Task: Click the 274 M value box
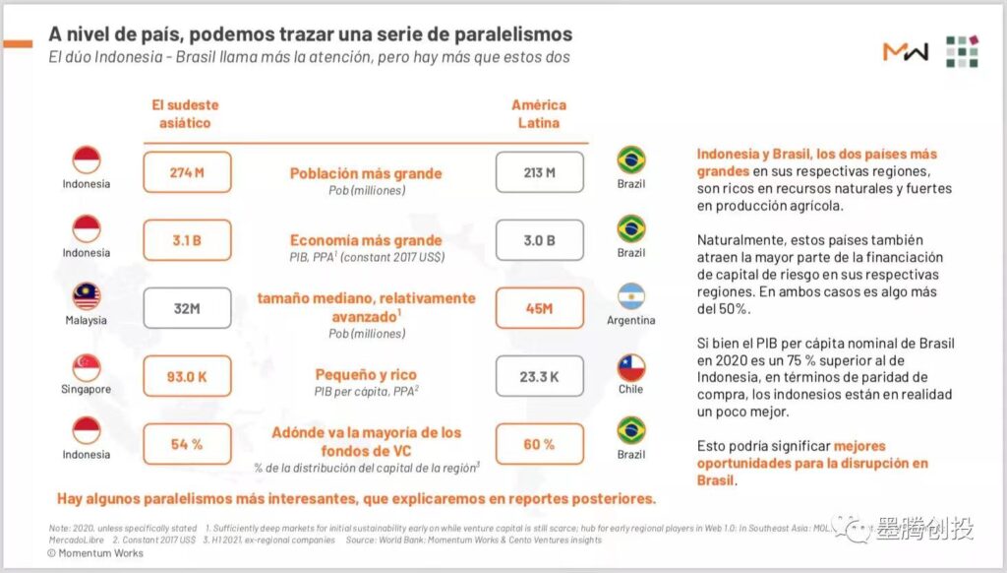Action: (x=187, y=172)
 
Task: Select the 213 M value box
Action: (x=539, y=172)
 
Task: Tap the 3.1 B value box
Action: (x=187, y=240)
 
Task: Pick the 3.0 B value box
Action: (x=539, y=240)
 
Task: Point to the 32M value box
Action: (x=187, y=308)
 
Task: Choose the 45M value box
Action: (x=539, y=308)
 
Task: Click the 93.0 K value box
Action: (x=187, y=376)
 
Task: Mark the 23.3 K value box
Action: (x=539, y=376)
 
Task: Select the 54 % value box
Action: (x=187, y=444)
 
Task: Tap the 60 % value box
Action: (x=539, y=444)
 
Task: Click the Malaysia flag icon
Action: (x=87, y=297)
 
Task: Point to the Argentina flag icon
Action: (x=630, y=297)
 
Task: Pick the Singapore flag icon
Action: (x=87, y=366)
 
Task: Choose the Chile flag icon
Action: (x=630, y=367)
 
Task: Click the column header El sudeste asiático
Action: (x=185, y=114)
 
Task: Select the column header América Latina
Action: (x=539, y=114)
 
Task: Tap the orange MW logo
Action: (x=905, y=52)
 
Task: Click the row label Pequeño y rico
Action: (x=366, y=374)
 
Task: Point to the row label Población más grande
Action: (x=366, y=173)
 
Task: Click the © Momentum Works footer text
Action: (x=95, y=553)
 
